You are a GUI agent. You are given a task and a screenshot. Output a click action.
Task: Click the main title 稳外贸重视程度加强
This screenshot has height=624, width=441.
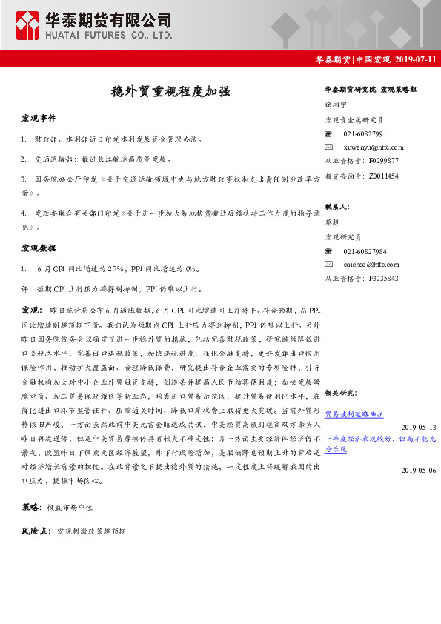(x=170, y=92)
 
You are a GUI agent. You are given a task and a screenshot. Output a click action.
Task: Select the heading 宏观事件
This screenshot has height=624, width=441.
(x=39, y=119)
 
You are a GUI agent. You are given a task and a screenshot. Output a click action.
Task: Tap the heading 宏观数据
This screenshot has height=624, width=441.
(x=39, y=248)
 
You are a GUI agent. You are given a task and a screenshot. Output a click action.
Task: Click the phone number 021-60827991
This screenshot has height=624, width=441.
(x=365, y=133)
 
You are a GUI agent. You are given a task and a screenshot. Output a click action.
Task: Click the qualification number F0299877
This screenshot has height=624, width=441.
(x=383, y=160)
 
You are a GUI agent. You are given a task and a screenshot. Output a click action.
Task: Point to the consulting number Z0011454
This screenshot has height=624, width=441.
(x=383, y=176)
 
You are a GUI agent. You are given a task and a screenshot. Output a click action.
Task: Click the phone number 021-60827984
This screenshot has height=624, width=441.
(x=365, y=252)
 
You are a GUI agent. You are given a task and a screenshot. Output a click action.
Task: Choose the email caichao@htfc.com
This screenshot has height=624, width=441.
(x=371, y=264)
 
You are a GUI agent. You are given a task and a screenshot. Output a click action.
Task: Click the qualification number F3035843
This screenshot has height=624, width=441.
(x=383, y=278)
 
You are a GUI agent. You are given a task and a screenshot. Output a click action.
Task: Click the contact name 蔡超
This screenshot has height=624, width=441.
(x=333, y=222)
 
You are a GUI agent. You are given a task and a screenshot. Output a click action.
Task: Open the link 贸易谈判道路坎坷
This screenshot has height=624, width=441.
(x=354, y=414)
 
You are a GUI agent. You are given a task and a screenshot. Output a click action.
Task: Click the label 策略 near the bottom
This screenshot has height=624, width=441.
(x=31, y=507)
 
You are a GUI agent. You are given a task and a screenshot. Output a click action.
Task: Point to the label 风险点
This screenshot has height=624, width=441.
(x=36, y=531)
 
